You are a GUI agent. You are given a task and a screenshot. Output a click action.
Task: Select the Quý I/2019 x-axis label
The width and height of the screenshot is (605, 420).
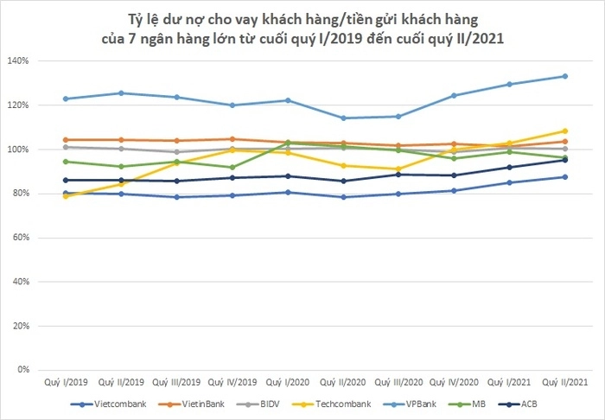(66, 381)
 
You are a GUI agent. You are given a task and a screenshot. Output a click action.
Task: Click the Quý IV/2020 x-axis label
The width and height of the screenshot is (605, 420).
(454, 381)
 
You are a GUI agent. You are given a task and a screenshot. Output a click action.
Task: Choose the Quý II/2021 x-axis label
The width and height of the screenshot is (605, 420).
(564, 381)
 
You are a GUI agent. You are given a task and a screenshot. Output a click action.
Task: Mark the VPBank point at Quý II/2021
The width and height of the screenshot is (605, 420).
(564, 76)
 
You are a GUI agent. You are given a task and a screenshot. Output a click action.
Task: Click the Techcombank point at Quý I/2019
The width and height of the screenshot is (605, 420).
(66, 196)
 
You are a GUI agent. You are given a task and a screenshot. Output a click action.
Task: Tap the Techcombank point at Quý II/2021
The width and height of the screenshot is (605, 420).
(564, 131)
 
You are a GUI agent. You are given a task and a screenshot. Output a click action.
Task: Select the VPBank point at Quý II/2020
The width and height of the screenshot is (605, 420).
(343, 118)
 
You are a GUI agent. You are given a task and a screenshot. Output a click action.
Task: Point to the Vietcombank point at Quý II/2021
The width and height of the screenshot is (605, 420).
(564, 177)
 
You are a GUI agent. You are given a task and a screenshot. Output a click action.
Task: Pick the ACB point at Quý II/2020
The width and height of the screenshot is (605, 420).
(343, 181)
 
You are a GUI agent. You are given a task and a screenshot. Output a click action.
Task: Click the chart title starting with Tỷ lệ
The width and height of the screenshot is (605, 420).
(302, 29)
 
